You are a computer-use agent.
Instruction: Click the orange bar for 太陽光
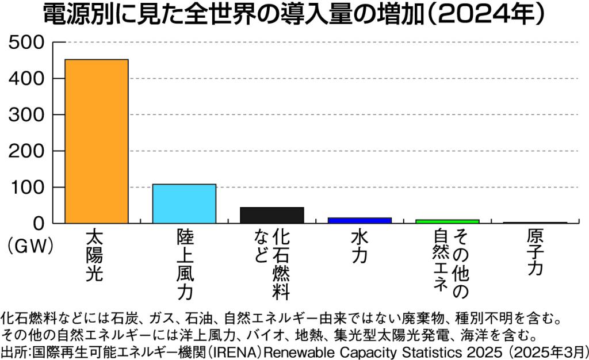97,141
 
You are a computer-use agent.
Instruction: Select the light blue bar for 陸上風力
184,204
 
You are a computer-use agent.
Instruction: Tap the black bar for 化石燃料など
271,215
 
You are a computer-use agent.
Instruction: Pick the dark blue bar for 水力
359,220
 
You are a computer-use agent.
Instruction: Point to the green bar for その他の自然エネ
448,221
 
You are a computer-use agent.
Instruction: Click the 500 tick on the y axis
26,43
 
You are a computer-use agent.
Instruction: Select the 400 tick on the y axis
26,79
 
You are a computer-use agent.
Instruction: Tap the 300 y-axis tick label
26,115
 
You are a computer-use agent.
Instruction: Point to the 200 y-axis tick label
26,151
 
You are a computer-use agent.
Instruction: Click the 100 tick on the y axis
26,187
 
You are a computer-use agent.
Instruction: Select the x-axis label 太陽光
95,255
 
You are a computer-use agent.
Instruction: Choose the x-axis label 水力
359,247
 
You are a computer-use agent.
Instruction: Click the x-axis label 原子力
535,253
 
